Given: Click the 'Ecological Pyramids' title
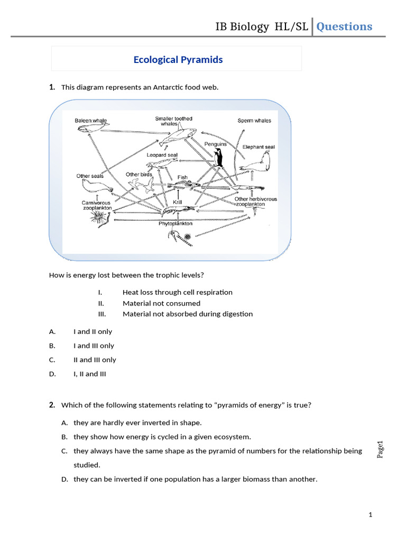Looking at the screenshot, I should click(x=178, y=59).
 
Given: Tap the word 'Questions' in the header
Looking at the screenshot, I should click(x=344, y=26).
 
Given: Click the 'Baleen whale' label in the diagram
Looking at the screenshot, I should click(x=90, y=121).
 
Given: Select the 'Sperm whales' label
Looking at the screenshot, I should click(x=254, y=121).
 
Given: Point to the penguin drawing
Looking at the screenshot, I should click(x=218, y=157).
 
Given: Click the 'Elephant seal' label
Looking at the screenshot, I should click(x=259, y=147).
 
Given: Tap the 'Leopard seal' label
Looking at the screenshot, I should click(x=162, y=155).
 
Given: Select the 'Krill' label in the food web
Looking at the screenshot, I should click(x=178, y=202).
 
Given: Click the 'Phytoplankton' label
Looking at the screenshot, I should click(x=176, y=223).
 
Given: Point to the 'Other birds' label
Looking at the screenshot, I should click(x=139, y=174).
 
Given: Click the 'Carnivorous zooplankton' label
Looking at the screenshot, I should click(x=96, y=205).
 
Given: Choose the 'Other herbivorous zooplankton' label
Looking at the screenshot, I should click(x=256, y=202).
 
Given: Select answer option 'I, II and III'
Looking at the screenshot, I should click(x=90, y=374).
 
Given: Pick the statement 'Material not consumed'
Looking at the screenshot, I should click(x=161, y=303).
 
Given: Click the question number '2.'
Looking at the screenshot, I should click(x=52, y=405).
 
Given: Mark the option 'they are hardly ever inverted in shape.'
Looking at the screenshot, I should click(x=137, y=422).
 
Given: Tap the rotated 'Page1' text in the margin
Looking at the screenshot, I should click(x=380, y=449).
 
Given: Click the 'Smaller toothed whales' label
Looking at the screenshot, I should click(x=173, y=121).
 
